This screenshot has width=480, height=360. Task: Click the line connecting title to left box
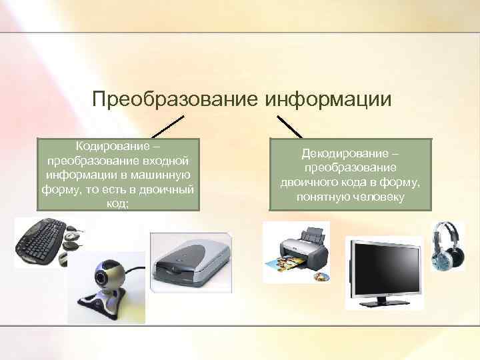[167, 127]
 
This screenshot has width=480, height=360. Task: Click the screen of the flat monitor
[383, 270]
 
